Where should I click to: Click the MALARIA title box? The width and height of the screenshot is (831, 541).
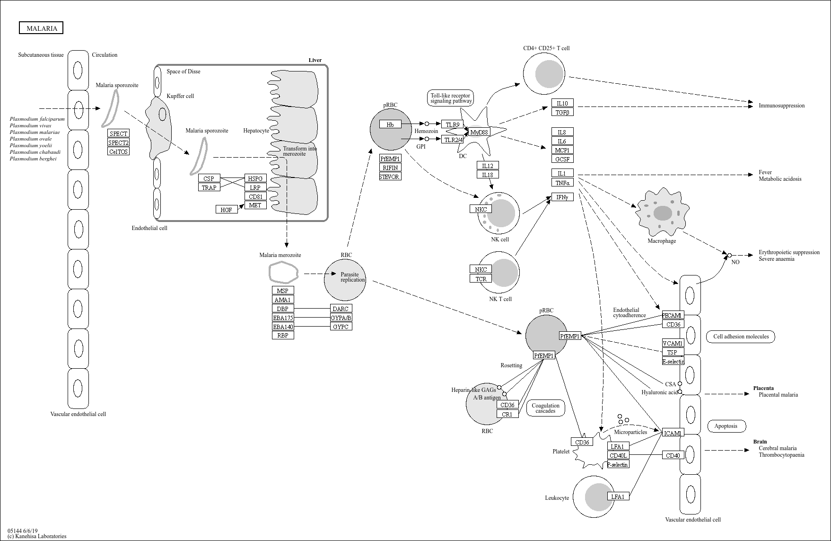point(41,28)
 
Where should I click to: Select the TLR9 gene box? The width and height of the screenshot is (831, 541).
point(452,124)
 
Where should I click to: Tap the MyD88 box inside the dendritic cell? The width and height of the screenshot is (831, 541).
point(479,132)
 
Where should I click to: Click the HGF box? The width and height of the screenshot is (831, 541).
point(226,209)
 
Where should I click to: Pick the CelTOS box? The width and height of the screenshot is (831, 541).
point(118,151)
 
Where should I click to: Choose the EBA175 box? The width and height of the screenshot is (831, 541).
point(283,318)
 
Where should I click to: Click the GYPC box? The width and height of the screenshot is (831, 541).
point(341,327)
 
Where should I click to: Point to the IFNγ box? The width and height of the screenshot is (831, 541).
point(562,197)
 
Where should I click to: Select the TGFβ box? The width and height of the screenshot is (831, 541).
point(562,112)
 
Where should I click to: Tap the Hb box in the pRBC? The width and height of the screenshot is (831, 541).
point(390,124)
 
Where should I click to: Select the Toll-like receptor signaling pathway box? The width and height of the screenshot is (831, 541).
point(451,98)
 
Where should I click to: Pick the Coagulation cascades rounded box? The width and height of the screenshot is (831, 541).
point(545,408)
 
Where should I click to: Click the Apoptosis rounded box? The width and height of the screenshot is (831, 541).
point(726,426)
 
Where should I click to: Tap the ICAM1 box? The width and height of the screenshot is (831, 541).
point(673,433)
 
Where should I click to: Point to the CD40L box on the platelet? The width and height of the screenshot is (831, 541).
point(618,455)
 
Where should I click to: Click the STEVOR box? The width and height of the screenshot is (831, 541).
point(390,177)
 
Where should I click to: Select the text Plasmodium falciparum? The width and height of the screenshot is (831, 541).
point(37,119)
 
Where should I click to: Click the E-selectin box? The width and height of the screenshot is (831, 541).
point(673,361)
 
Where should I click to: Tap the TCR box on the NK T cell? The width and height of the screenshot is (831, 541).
point(481,279)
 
